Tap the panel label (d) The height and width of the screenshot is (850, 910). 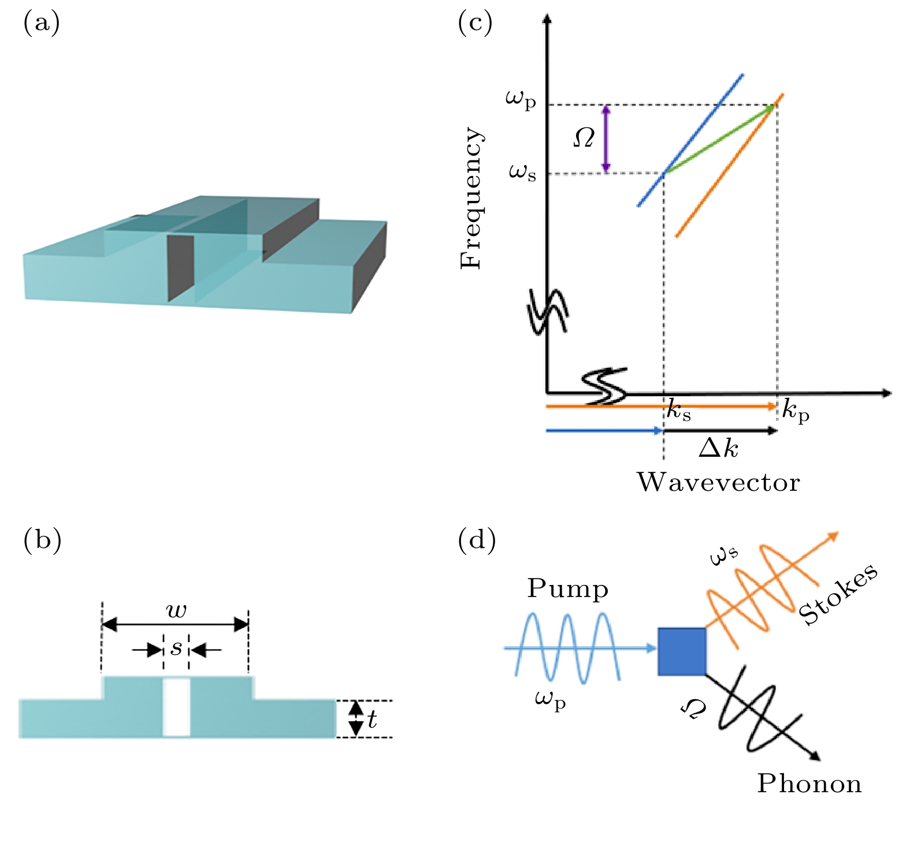coord(476,540)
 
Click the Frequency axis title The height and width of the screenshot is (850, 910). coord(471,198)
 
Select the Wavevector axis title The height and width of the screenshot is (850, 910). coord(718,482)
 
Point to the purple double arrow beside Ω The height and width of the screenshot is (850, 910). coord(606,139)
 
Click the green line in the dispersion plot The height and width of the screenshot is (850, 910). coord(719,139)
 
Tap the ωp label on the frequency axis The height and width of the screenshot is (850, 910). coord(521,99)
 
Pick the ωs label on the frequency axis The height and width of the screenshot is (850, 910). coord(522,172)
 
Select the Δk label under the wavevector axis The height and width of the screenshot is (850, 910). coord(718,448)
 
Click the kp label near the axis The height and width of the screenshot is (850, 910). coord(796,411)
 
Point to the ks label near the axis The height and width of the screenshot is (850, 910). coord(678,411)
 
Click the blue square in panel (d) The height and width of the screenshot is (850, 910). coord(682,651)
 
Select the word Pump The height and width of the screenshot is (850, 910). coord(567,589)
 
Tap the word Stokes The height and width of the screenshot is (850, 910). coord(838,594)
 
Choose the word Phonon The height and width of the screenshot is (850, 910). coord(809,784)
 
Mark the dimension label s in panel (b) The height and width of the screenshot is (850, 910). coord(176,648)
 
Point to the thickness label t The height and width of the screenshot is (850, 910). coord(372,719)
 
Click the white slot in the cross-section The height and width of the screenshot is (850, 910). coord(177,707)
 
